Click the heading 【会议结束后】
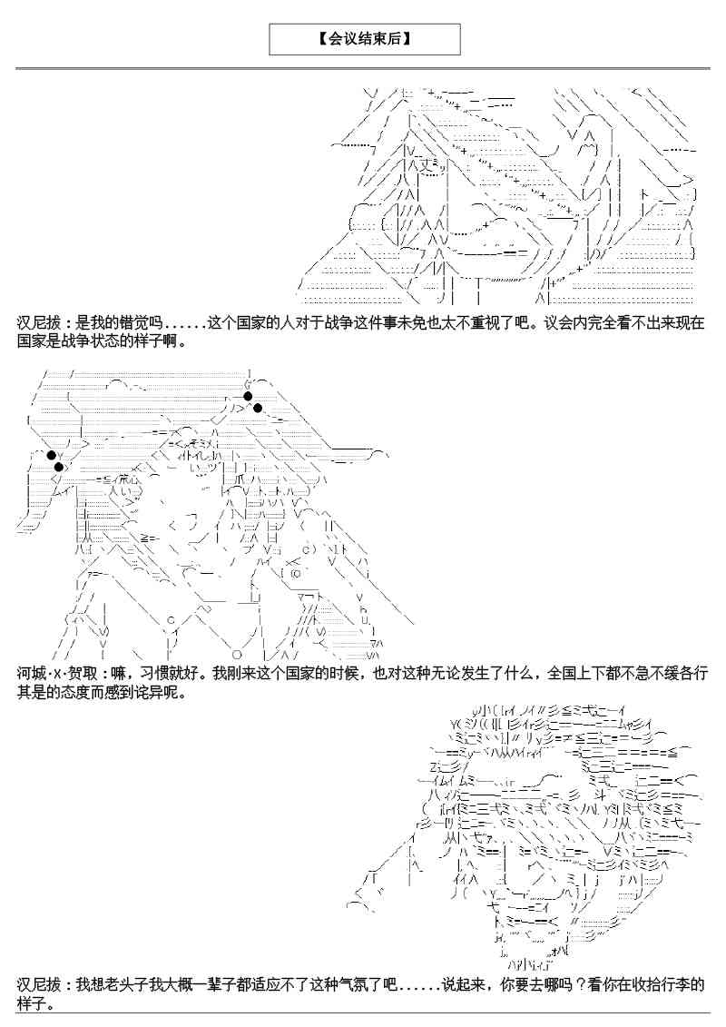point(365,39)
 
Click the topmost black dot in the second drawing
point(248,396)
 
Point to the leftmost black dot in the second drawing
point(51,455)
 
